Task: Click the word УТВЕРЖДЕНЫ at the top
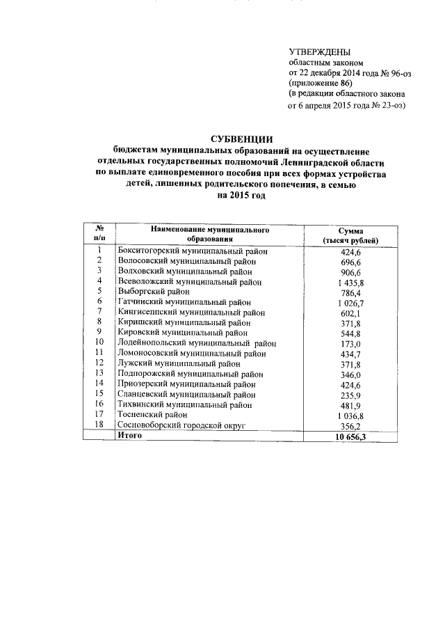pos(320,52)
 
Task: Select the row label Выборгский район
pos(152,292)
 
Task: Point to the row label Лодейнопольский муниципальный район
pos(197,342)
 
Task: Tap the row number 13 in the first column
pos(99,373)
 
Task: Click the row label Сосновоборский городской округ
pos(182,425)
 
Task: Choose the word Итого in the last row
pos(130,434)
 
